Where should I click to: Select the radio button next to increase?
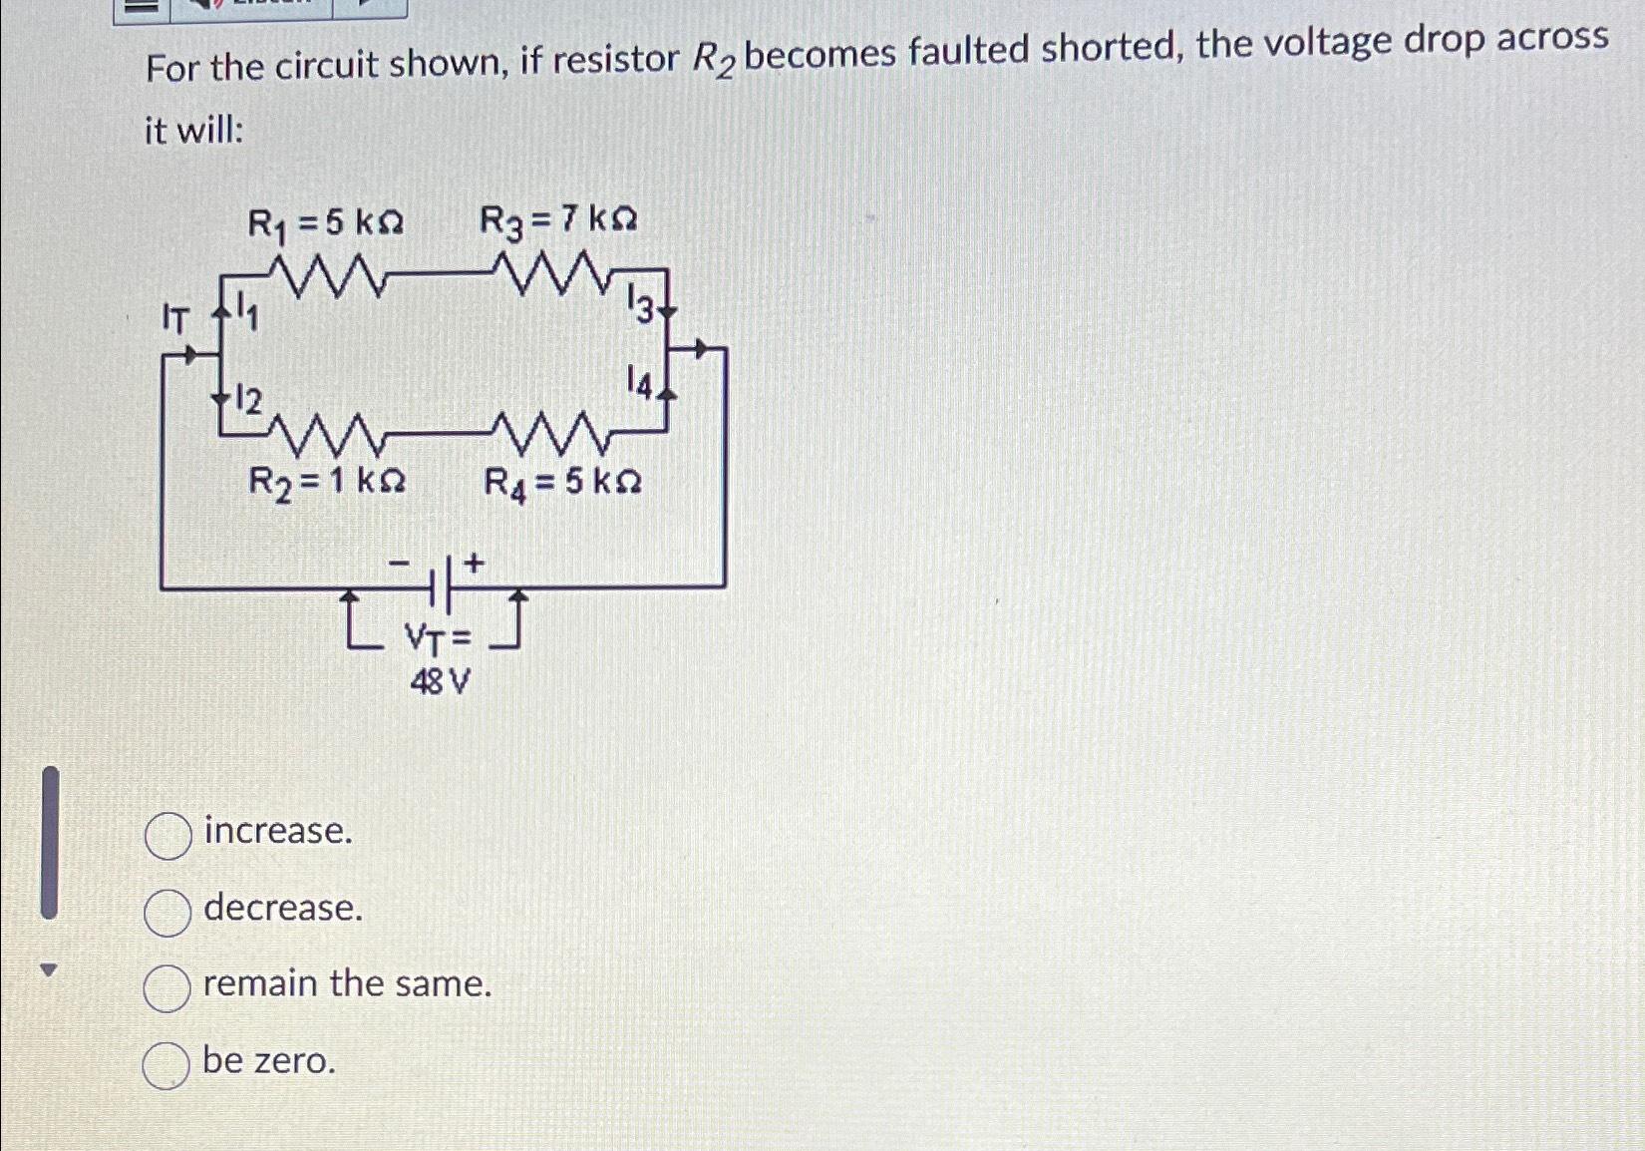click(x=167, y=836)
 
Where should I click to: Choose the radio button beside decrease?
click(x=167, y=913)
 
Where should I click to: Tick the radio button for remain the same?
click(x=166, y=988)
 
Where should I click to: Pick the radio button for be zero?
click(x=165, y=1065)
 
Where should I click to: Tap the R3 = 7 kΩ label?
click(x=558, y=220)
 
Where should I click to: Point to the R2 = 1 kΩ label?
click(x=326, y=483)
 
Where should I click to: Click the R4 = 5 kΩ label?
click(x=562, y=484)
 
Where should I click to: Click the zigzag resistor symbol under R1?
click(x=326, y=276)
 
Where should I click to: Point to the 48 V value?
click(x=440, y=683)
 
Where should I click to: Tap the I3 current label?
click(x=641, y=304)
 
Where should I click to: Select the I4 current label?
click(x=639, y=383)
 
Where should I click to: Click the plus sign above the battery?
click(x=474, y=564)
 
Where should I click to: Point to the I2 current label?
click(x=246, y=401)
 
